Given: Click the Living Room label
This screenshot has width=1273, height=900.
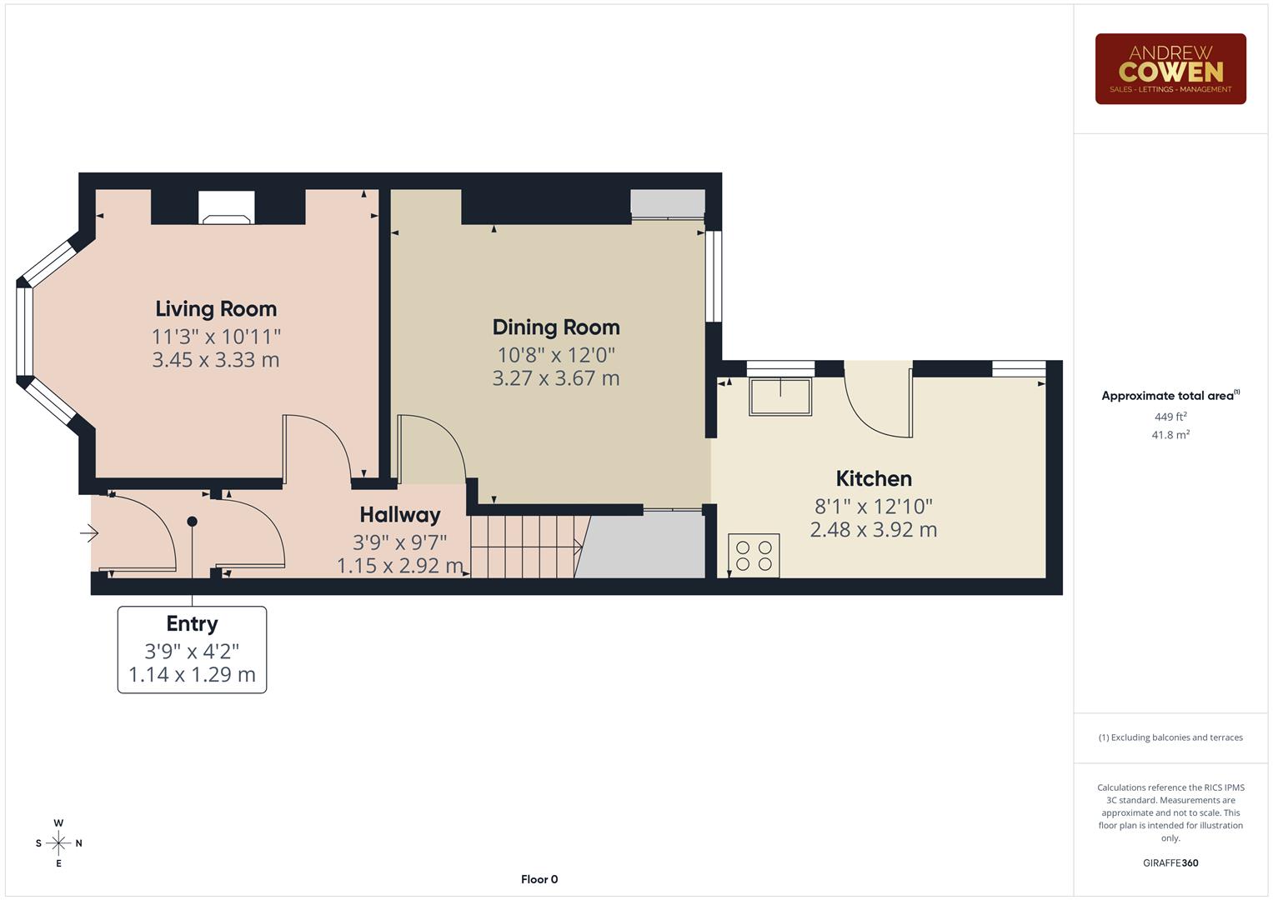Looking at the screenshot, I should point(216,309).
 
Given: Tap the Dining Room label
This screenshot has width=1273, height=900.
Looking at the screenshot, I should point(556,327).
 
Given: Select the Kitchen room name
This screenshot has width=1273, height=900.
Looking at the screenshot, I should point(874,479).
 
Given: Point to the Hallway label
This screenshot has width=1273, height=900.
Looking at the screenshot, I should point(400,515).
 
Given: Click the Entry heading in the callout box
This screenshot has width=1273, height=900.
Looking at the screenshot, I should point(192,624).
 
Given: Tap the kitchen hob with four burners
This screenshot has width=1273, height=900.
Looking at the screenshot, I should point(754,556).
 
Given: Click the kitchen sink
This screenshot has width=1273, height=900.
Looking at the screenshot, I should point(780,397).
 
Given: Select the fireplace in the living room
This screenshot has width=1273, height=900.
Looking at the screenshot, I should point(227,208).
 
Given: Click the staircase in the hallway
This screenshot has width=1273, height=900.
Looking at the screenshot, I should point(525,547).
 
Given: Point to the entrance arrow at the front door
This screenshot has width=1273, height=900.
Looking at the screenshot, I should point(90,533).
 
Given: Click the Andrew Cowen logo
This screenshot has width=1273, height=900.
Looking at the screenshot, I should point(1170,69).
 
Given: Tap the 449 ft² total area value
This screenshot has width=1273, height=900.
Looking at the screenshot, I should point(1170,417).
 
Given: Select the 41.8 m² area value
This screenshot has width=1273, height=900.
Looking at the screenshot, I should point(1170,435).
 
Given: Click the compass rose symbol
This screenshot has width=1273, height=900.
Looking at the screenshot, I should point(58,843).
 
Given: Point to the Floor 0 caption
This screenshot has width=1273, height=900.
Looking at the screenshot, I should point(539,879).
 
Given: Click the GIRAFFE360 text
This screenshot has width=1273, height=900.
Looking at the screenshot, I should point(1170,863).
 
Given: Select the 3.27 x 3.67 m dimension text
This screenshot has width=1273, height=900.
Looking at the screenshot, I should point(556,378).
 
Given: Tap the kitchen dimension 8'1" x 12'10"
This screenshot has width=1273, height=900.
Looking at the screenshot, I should point(874,507).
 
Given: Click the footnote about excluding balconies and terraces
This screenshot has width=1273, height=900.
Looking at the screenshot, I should point(1170,737).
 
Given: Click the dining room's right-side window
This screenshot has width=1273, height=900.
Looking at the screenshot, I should point(714,276).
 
